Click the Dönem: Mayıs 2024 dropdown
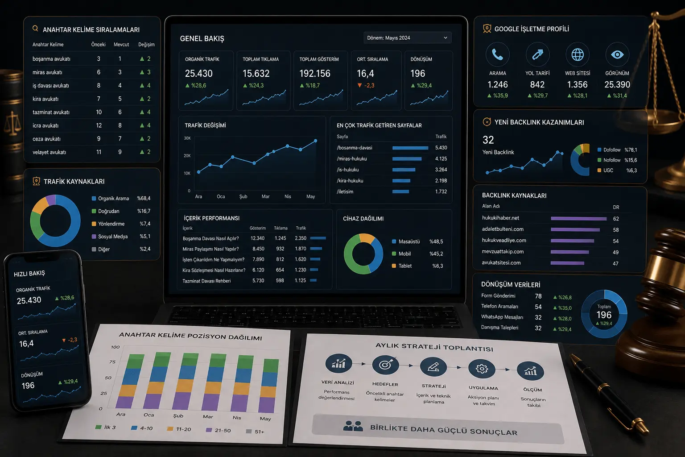(x=407, y=38)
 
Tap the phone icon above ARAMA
(x=498, y=54)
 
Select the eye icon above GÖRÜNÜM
(x=617, y=54)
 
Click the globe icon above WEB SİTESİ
(x=578, y=54)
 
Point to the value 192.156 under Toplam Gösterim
(x=315, y=74)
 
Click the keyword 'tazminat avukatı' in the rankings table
(x=51, y=112)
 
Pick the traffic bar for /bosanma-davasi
(x=410, y=148)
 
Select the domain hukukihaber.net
(x=500, y=218)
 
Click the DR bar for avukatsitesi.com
(x=567, y=263)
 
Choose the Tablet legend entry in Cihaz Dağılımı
(x=402, y=266)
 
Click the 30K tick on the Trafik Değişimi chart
(x=187, y=138)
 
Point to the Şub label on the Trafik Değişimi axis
(x=243, y=196)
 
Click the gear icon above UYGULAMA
(x=482, y=369)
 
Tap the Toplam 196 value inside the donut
(x=604, y=315)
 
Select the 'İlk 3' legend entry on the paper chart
(x=106, y=427)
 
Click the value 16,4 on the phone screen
(x=26, y=344)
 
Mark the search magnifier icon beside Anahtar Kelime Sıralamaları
(x=36, y=29)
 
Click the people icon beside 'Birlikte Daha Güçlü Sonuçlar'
(x=353, y=426)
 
